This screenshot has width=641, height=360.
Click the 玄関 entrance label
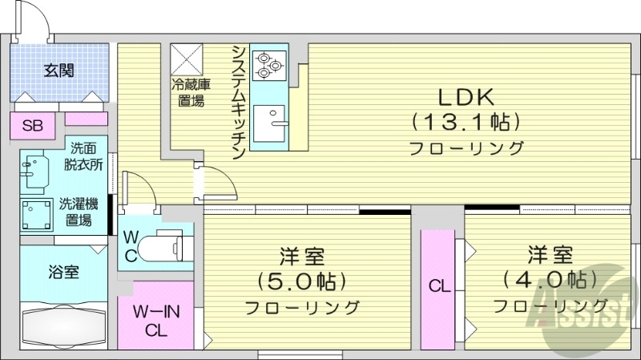(x=59, y=71)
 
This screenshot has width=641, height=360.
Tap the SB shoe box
(x=32, y=126)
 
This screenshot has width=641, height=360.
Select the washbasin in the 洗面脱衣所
(x=33, y=171)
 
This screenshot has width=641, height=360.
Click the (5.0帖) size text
(x=301, y=281)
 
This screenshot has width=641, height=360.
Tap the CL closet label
(x=437, y=286)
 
